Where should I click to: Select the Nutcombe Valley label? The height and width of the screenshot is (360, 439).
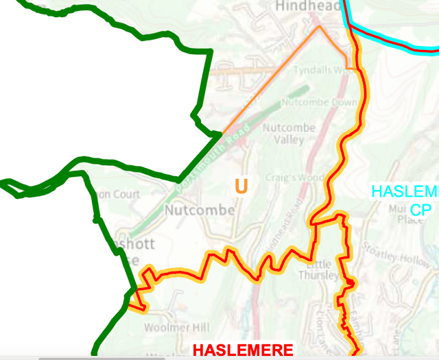click(289, 134)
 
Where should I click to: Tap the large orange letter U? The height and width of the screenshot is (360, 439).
click(241, 186)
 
